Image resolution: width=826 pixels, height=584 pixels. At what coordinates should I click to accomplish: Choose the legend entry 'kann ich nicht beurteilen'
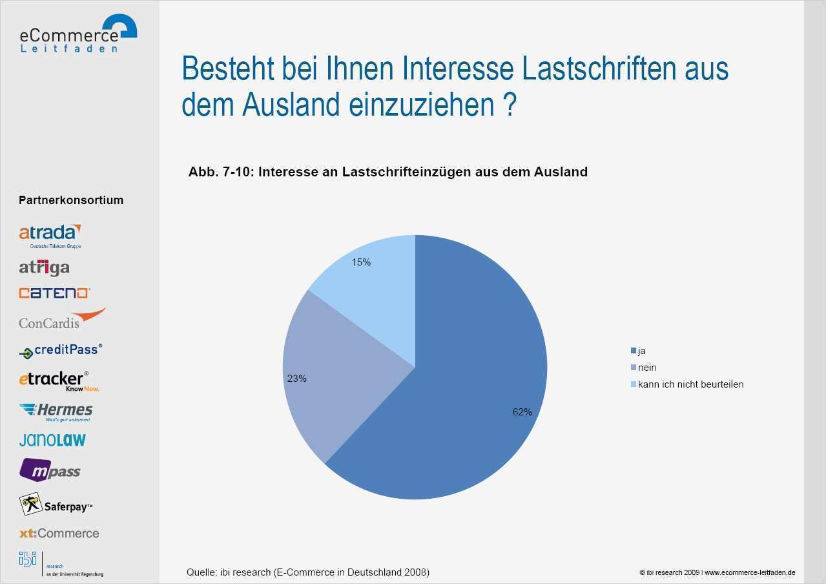(x=687, y=384)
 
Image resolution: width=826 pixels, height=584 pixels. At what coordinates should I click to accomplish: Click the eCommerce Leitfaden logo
(x=78, y=34)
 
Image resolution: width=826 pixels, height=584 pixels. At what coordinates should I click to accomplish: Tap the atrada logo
(x=50, y=235)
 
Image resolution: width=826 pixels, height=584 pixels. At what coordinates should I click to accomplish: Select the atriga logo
(x=44, y=267)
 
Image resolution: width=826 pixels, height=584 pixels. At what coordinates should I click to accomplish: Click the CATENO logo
(x=54, y=293)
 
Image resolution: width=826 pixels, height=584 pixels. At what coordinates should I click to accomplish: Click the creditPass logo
(x=61, y=351)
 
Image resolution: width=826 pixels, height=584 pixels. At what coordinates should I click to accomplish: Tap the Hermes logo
(x=56, y=411)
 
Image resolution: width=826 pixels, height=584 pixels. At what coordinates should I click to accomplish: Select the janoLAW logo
(x=52, y=440)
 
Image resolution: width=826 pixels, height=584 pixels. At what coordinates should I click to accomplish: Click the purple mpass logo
(x=50, y=471)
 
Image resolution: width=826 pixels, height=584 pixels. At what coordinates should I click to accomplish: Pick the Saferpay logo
(x=56, y=505)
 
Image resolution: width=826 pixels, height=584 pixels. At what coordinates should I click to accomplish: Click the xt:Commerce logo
(x=59, y=534)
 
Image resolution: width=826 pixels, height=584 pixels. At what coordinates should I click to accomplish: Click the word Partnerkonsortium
(x=71, y=200)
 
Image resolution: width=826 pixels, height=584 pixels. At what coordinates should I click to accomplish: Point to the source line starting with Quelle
(x=307, y=572)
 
